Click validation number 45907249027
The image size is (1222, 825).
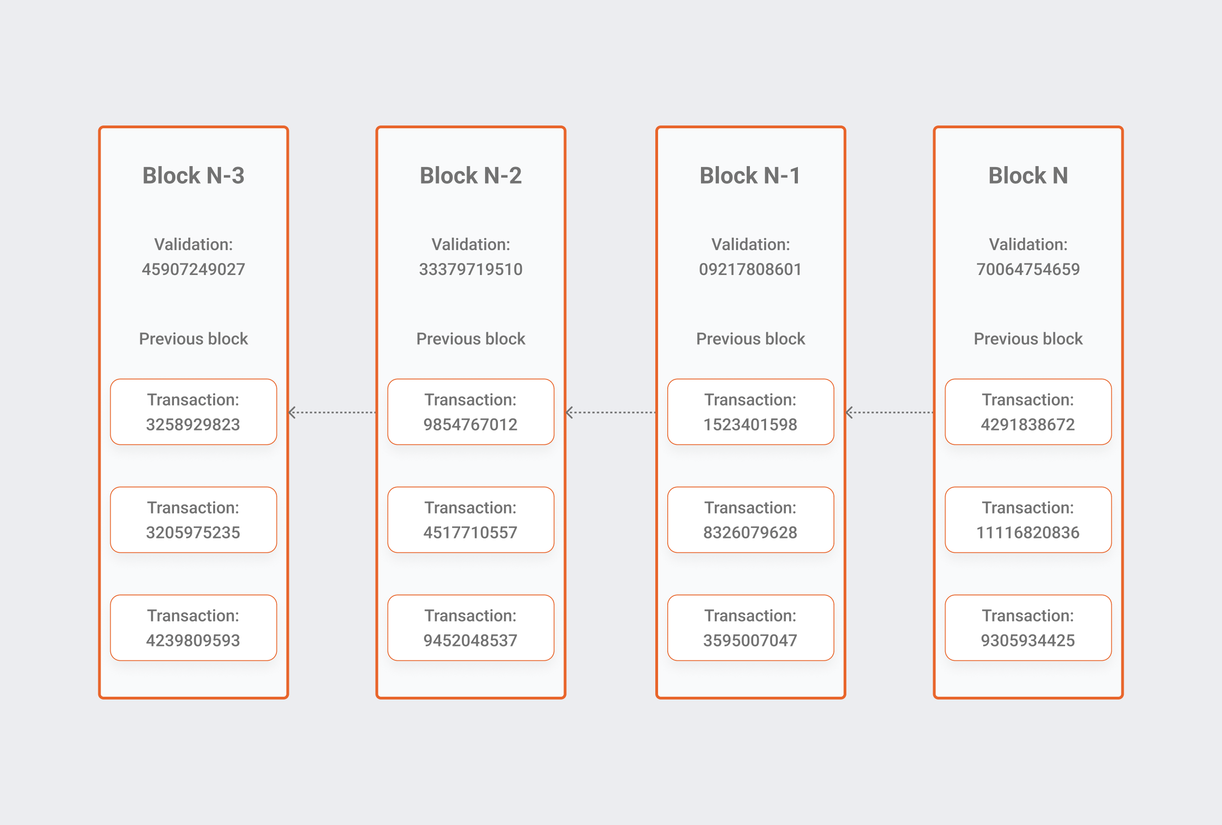pos(193,269)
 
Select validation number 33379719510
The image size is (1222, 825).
pos(471,269)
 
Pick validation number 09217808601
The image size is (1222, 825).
pos(750,269)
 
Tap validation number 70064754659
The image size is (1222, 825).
pos(1028,269)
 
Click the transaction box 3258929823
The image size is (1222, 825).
pos(193,412)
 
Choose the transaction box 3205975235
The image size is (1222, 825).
pos(193,520)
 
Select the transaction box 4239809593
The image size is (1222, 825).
pos(193,628)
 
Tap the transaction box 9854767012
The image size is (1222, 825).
pos(471,412)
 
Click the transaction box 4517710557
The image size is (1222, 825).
pos(471,520)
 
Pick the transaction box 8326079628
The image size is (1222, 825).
pos(750,520)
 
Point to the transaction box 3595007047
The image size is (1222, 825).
pos(750,628)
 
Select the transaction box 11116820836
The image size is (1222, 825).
pos(1028,520)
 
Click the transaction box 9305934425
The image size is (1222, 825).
pos(1028,628)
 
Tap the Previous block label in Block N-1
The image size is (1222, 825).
pos(750,339)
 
